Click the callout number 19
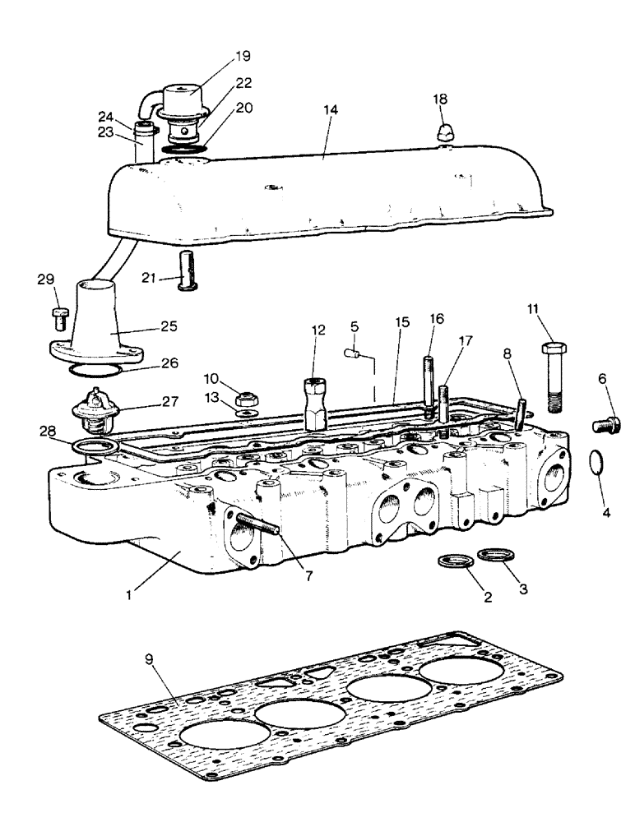pyautogui.click(x=220, y=56)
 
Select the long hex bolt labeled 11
pyautogui.click(x=552, y=376)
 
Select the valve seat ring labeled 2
pyautogui.click(x=454, y=562)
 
